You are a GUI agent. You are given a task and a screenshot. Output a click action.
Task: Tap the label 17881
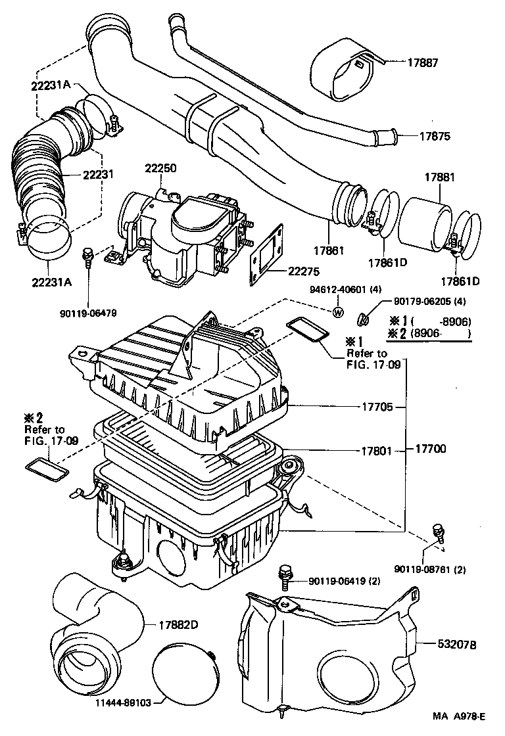tap(439, 177)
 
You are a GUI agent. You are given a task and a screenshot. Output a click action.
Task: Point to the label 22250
tap(160, 169)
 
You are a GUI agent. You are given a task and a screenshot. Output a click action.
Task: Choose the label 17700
tap(431, 450)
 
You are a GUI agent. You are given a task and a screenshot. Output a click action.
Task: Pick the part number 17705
tap(377, 407)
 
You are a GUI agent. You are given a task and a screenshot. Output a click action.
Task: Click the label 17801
tap(377, 451)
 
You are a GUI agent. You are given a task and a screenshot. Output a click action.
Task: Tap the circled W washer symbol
tap(339, 312)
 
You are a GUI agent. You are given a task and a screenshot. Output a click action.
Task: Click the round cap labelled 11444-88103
tap(182, 674)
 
